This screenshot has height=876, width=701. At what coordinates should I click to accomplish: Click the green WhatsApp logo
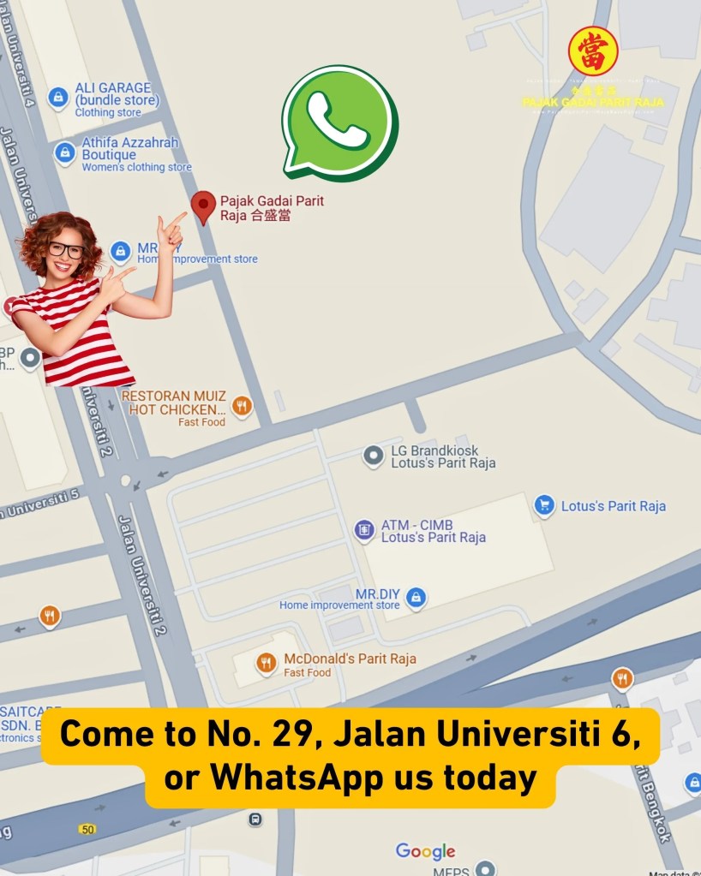(x=339, y=122)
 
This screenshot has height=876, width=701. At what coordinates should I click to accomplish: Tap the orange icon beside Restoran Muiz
(x=243, y=406)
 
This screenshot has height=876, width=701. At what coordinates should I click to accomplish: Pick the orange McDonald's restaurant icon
(x=267, y=662)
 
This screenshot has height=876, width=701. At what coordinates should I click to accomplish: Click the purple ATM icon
(x=364, y=530)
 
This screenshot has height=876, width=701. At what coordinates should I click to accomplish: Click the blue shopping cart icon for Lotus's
(x=544, y=505)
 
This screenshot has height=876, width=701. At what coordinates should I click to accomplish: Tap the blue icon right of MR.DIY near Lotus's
(x=416, y=597)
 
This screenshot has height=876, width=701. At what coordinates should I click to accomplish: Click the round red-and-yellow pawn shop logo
(x=593, y=51)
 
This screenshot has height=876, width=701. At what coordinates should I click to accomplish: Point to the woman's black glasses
(x=66, y=250)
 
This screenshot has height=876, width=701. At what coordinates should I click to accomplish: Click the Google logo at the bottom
(x=426, y=851)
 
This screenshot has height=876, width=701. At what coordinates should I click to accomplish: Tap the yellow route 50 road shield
(x=87, y=829)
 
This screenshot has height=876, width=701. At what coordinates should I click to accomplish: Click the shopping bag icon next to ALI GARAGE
(x=57, y=98)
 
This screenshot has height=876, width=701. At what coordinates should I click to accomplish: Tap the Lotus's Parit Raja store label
(x=613, y=506)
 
